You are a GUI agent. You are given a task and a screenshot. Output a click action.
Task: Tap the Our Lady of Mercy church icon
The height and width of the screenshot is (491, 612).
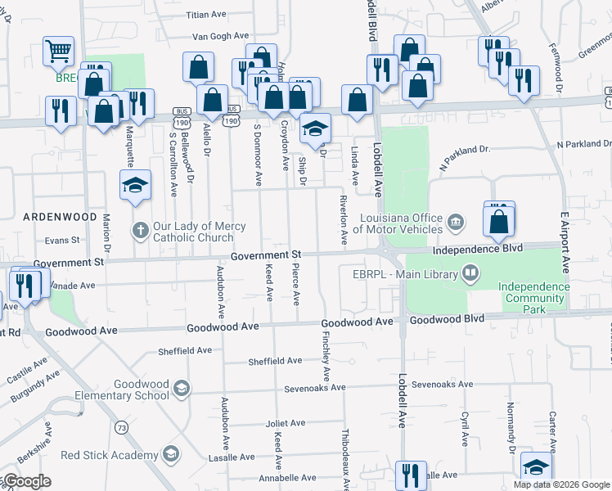pyautogui.click(x=140, y=232)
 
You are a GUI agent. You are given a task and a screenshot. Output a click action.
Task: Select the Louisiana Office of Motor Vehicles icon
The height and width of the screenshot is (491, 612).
pyautogui.click(x=456, y=221)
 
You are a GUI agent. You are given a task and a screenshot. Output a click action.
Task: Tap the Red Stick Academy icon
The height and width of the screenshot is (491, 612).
pyautogui.click(x=170, y=454)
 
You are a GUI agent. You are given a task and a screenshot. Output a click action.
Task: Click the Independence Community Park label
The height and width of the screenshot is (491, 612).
pyautogui.click(x=533, y=292)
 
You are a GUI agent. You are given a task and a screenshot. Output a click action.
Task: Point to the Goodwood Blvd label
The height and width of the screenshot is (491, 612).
pyautogui.click(x=441, y=320)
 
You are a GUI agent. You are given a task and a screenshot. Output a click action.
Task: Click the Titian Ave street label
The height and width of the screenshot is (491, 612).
pyautogui.click(x=206, y=15)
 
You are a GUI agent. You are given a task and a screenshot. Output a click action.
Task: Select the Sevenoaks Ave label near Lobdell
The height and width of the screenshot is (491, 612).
pyautogui.click(x=443, y=384)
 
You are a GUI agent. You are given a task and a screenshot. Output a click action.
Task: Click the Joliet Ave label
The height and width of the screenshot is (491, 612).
pyautogui.click(x=285, y=423)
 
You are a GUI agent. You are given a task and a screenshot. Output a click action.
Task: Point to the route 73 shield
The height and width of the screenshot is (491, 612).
pyautogui.click(x=121, y=426)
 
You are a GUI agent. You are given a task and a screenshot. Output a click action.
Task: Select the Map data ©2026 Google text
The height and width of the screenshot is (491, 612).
pyautogui.click(x=560, y=484)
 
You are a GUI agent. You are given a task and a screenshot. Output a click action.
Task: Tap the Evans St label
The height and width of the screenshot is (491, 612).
pyautogui.click(x=62, y=241)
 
